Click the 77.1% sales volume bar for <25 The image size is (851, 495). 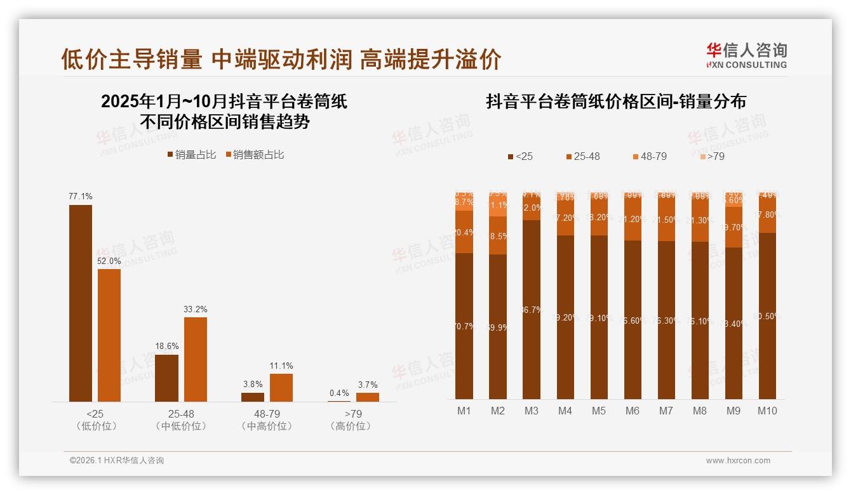coord(81,303)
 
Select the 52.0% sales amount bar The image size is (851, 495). coord(109,335)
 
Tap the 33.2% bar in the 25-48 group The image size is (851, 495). coord(196,359)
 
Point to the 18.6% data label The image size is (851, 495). coord(167,346)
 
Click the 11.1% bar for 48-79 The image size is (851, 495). coord(281,387)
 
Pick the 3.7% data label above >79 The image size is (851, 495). coord(367,385)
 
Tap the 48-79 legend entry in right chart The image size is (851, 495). coord(649,156)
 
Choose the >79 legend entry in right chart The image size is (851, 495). coord(712,156)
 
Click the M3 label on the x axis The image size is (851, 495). coord(532,411)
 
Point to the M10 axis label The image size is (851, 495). coord(767,411)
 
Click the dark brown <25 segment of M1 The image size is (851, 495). coord(464,326)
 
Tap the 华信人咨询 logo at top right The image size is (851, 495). coord(746,55)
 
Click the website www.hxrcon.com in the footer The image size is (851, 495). coord(738,461)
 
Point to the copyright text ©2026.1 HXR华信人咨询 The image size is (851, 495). coord(117,461)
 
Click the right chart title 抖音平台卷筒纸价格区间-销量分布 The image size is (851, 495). coord(616,102)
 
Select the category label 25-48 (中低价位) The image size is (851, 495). coord(181,419)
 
